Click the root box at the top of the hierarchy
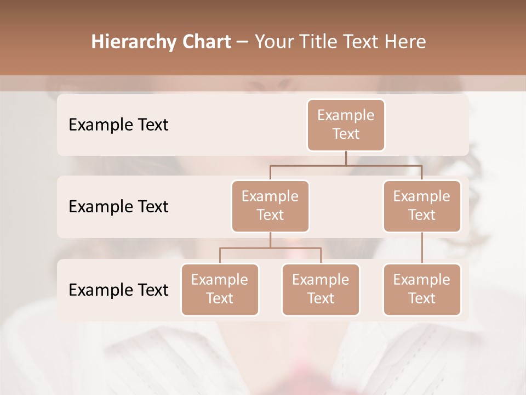click(x=346, y=125)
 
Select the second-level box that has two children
click(x=270, y=206)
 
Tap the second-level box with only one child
click(x=422, y=206)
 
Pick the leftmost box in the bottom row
click(x=220, y=289)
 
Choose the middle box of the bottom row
click(x=321, y=289)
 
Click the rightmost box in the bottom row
click(x=422, y=289)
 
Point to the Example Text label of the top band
click(x=118, y=125)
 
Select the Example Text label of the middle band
click(x=118, y=206)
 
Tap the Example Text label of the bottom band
click(x=118, y=290)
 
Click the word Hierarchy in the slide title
click(x=133, y=42)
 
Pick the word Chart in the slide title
click(x=205, y=42)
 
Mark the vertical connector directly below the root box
click(x=346, y=158)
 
